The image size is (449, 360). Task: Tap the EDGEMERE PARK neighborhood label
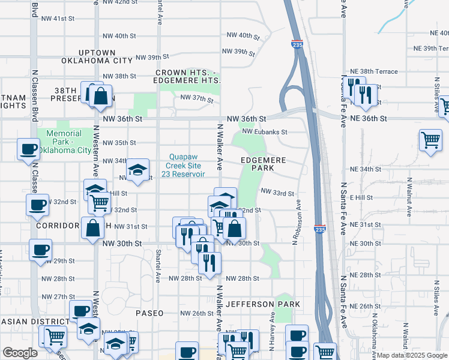coord(265,164)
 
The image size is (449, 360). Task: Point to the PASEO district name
coord(149,313)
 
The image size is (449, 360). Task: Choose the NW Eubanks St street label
coord(265,132)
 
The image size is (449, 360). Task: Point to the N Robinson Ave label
coord(297,222)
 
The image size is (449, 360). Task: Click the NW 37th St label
coord(197,97)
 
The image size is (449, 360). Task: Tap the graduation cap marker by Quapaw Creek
coord(137,170)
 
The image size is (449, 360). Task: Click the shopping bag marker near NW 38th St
coord(101,95)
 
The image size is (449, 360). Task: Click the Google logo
coord(20,353)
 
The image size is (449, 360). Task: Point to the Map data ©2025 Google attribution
coord(411,355)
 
